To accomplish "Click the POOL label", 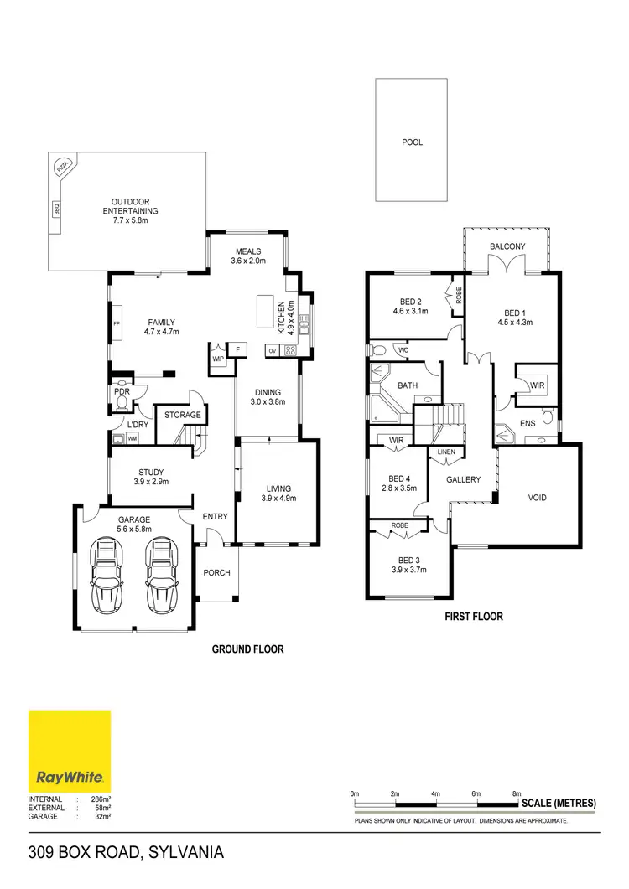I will click(412, 142).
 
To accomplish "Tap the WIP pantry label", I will click(218, 358).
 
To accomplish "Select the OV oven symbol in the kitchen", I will click(273, 350).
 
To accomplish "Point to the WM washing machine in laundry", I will click(133, 438).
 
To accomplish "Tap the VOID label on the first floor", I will click(538, 498).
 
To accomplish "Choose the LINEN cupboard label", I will click(446, 452).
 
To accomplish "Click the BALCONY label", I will click(508, 246).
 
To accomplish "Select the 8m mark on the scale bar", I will click(517, 793).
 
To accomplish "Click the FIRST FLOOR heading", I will click(474, 617).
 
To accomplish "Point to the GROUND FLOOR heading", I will click(247, 649).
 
